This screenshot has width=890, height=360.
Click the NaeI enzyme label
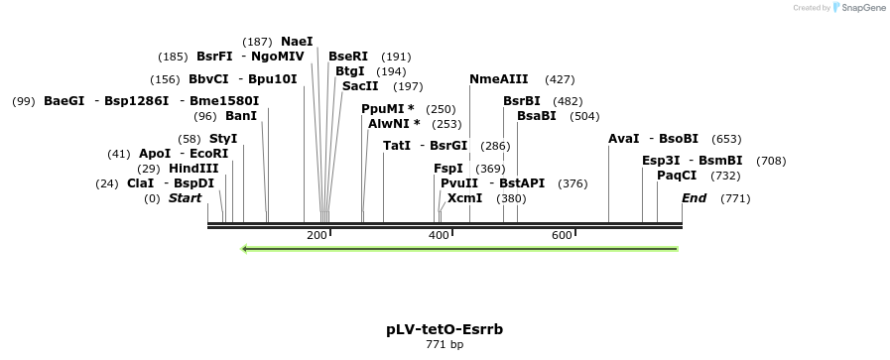(x=297, y=42)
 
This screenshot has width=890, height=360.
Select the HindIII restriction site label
(x=193, y=169)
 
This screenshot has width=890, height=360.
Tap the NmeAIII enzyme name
(x=498, y=79)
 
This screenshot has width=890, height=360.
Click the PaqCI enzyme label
(x=677, y=176)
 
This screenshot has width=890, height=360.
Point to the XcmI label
(x=464, y=198)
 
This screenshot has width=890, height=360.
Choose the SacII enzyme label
(x=360, y=86)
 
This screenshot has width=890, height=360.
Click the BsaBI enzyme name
(x=536, y=116)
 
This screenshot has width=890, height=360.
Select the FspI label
(x=448, y=169)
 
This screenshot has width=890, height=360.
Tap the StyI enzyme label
(x=223, y=139)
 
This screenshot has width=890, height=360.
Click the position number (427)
(x=560, y=79)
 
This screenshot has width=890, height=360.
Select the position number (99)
(x=24, y=101)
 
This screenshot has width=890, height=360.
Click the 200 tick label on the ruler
(x=317, y=235)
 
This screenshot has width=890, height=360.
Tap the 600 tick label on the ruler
(x=562, y=235)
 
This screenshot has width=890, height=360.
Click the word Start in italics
(x=185, y=198)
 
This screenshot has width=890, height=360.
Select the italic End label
(x=694, y=198)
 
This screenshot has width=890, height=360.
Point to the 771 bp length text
(x=445, y=345)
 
